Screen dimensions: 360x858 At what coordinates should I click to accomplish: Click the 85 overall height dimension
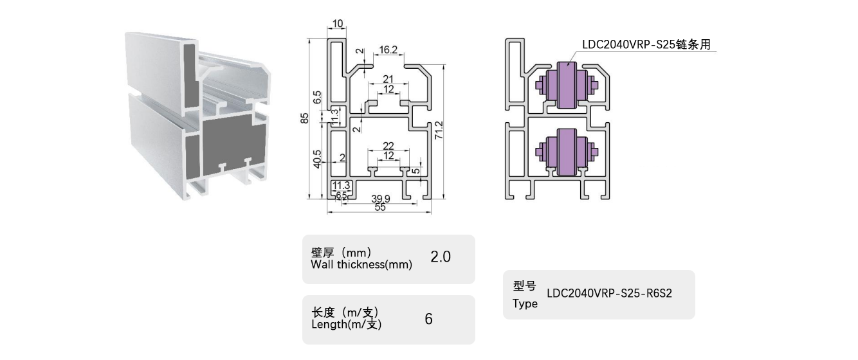pos(306,118)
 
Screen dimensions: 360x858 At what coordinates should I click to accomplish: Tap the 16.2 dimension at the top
pos(388,50)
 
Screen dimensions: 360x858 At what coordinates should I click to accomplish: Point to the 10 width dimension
pos(338,24)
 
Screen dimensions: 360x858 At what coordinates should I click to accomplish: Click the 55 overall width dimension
pos(379,208)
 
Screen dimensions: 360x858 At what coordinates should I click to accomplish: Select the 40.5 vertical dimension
pos(318,159)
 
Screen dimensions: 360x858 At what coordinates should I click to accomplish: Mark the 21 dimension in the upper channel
pos(388,79)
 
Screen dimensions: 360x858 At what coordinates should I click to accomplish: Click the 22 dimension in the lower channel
pos(388,146)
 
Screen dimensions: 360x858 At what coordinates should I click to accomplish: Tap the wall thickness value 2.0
pos(441,257)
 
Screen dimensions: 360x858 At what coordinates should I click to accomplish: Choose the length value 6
pos(428,319)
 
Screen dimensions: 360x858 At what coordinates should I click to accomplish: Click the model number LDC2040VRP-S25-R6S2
pos(609,294)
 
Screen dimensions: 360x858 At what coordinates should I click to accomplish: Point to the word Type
pos(525,303)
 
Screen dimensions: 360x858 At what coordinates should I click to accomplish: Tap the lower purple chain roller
pos(567,152)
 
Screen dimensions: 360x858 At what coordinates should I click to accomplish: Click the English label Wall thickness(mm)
pos(361,264)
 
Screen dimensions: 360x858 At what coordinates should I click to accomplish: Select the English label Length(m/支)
pos(346,325)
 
